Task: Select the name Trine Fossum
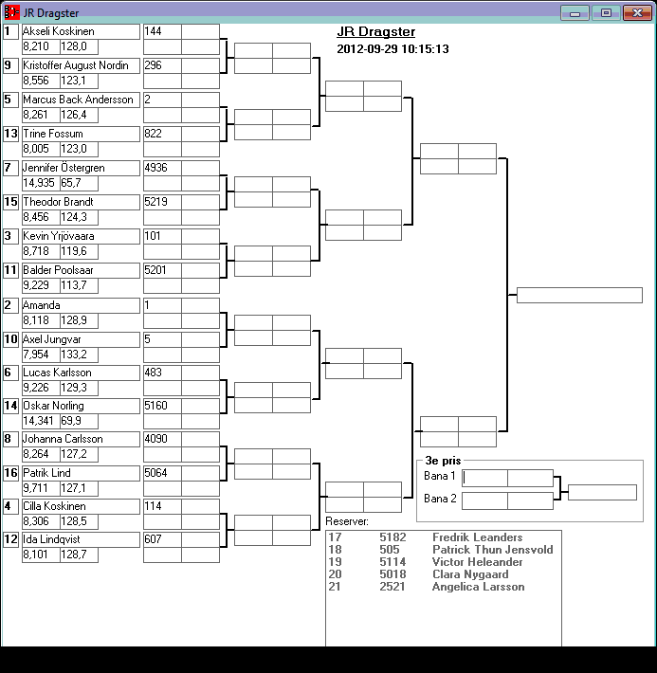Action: tap(47, 134)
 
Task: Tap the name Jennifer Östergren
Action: tap(63, 168)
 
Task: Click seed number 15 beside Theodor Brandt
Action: tap(10, 202)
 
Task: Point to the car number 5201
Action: tap(155, 270)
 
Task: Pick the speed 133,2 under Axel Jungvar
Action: tap(75, 354)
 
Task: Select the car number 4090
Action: tap(155, 439)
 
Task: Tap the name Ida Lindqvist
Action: tap(49, 540)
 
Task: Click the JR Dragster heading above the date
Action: tap(375, 32)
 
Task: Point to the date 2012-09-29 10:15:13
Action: tap(392, 49)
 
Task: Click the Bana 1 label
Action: tap(440, 476)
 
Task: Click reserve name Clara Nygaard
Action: tap(470, 574)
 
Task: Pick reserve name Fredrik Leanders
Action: tap(477, 537)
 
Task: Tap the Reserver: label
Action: tap(347, 521)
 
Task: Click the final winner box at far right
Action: tap(579, 295)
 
